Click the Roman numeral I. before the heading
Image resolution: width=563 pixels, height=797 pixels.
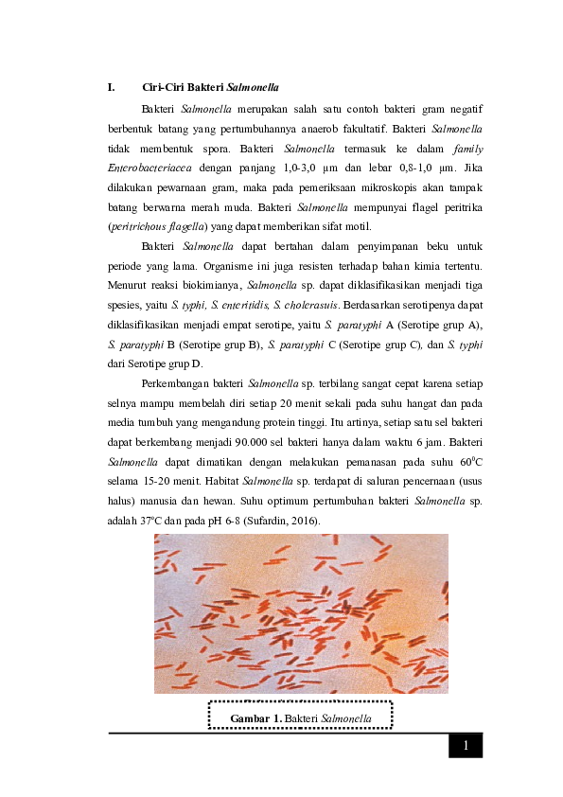(x=112, y=88)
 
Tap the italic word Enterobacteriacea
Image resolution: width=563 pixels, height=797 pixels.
(x=150, y=168)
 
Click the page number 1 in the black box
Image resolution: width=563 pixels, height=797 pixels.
(x=465, y=746)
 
